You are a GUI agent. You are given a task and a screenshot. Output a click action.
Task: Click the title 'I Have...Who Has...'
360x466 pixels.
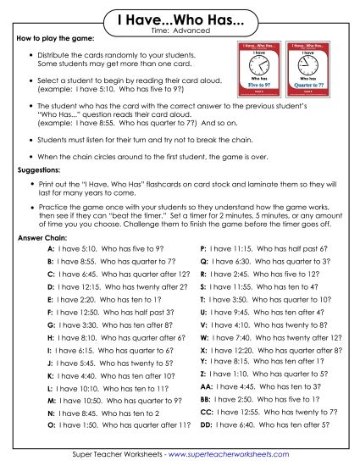180,19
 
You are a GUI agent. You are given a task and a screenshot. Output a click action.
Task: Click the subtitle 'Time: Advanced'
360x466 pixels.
180,31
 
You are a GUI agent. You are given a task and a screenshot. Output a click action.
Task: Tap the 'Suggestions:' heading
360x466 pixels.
41,170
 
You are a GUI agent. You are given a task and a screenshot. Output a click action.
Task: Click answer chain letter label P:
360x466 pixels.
202,250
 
